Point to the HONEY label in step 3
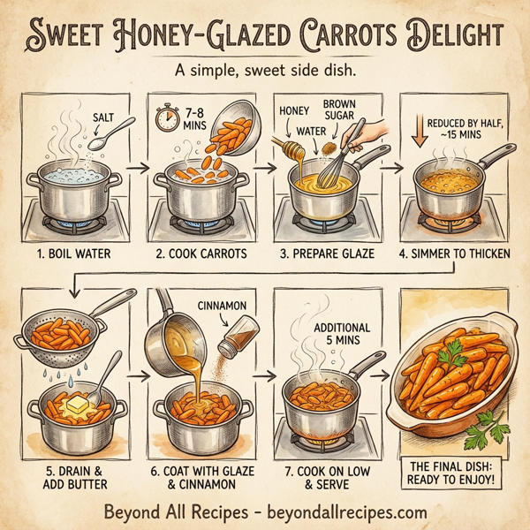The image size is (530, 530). pyautogui.click(x=291, y=112)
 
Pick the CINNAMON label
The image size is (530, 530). pyautogui.click(x=230, y=307)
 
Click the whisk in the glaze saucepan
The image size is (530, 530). pyautogui.click(x=344, y=159)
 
